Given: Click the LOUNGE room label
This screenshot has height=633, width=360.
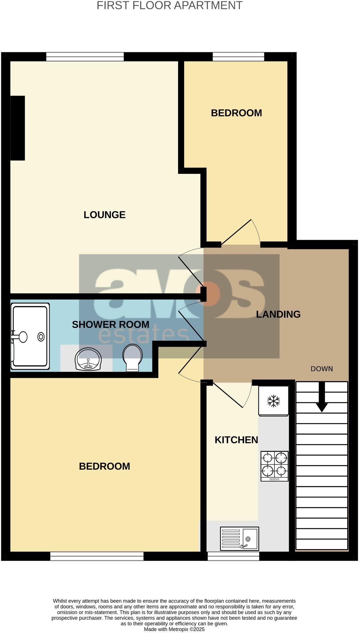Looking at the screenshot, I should (104, 215).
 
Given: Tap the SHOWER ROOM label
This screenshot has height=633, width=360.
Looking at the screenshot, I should (110, 324).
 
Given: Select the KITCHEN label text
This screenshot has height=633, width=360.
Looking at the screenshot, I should (236, 440).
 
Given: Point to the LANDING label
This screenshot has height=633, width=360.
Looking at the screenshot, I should (278, 314).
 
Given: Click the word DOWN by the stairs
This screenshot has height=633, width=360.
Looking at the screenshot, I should (322, 369).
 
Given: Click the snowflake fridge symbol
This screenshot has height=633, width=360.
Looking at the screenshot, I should (274, 401).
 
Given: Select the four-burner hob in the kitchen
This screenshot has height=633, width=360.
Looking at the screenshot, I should (274, 466).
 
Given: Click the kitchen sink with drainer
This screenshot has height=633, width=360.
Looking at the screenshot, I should (239, 539).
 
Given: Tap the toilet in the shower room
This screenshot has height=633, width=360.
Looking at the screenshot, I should (132, 357).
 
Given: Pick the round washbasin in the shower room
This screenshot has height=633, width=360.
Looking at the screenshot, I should (88, 359).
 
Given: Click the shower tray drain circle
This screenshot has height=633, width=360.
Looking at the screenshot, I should (41, 337).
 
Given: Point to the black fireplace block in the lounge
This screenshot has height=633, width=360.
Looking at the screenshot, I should (18, 128).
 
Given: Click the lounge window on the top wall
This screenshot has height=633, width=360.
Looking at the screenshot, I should (85, 57).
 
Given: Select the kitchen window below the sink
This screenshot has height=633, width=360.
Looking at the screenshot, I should (233, 556).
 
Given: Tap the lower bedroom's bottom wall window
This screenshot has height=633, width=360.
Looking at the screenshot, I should (97, 556).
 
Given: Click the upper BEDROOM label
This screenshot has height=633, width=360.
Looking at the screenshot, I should (236, 113).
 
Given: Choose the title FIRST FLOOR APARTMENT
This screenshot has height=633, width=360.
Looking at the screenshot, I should (169, 5).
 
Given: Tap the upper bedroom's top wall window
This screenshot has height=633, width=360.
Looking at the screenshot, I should (238, 57).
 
